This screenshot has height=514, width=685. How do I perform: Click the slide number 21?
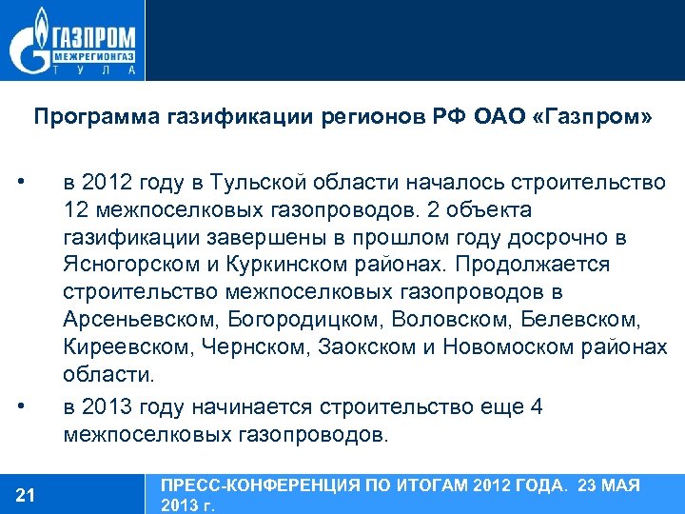tap(26, 494)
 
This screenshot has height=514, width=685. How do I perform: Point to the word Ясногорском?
tap(123, 263)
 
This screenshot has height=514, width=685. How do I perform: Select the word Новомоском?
tap(512, 347)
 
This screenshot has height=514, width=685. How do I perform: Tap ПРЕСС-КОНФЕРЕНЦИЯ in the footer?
tap(247, 485)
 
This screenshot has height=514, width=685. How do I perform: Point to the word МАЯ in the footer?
tap(622, 485)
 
